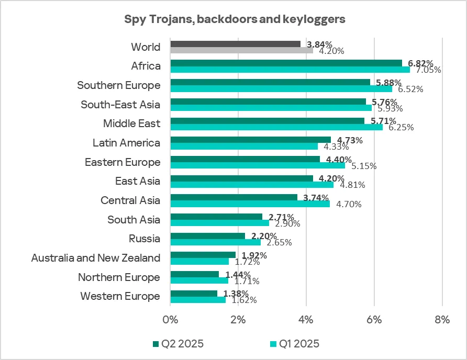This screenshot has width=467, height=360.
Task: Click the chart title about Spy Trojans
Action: (x=235, y=20)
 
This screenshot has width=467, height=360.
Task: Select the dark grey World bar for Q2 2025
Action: (x=235, y=44)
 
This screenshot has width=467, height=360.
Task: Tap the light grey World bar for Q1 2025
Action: (x=241, y=50)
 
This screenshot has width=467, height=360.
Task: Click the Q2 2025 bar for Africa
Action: (x=286, y=63)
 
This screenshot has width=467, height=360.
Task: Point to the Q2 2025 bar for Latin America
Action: (x=250, y=140)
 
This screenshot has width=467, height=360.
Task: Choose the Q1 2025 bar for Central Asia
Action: (x=250, y=204)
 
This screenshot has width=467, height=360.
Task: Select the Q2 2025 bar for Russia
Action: (x=207, y=236)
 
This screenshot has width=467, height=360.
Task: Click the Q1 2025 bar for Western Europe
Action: (x=198, y=300)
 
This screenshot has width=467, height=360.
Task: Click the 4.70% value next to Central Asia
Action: (x=349, y=204)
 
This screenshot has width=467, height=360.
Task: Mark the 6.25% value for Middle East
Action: (x=399, y=127)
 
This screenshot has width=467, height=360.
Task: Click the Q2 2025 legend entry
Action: (x=178, y=344)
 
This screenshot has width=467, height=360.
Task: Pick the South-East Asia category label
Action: (x=120, y=105)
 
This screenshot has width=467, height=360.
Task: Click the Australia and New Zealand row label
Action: (x=96, y=258)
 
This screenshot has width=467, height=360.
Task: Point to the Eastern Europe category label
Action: (x=123, y=162)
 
